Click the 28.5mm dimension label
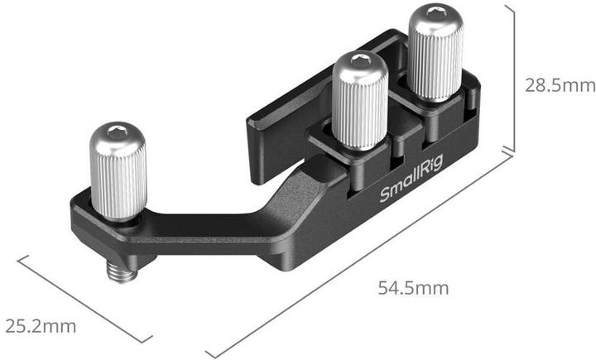558,85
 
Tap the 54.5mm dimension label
413,289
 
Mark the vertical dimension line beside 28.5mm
515,83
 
